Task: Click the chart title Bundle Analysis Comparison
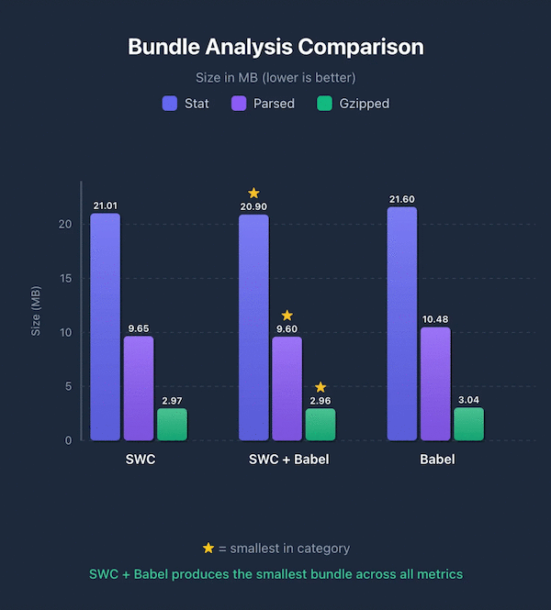click(x=275, y=47)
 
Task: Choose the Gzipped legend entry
click(x=352, y=104)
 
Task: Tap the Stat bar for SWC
click(x=105, y=327)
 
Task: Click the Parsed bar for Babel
click(x=435, y=383)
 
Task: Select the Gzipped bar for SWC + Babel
click(x=320, y=424)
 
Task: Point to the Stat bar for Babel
click(x=402, y=324)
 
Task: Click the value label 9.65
click(x=138, y=327)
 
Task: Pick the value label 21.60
click(x=402, y=198)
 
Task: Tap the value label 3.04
click(x=468, y=398)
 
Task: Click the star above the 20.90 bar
click(x=253, y=193)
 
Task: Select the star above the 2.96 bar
click(x=320, y=387)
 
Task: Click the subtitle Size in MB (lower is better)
click(x=275, y=77)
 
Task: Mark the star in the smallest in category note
click(x=208, y=549)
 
